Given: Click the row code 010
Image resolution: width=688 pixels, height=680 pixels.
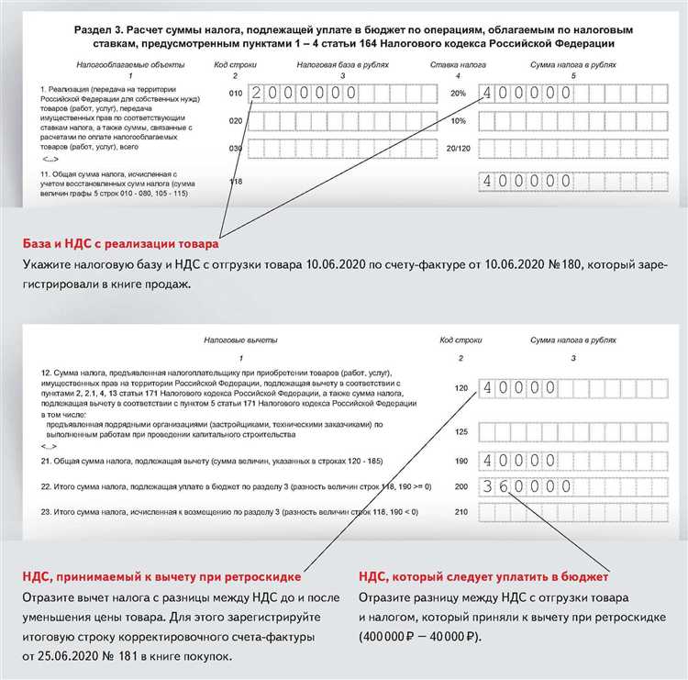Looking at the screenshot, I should tap(236, 93).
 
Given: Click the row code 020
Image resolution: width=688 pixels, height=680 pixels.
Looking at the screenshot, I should tap(236, 120).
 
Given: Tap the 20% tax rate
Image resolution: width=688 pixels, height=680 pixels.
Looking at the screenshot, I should tap(459, 93).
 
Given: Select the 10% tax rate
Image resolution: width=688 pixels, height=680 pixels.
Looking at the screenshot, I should tap(459, 120).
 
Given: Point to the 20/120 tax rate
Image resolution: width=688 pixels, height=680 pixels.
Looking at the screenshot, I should tap(458, 149).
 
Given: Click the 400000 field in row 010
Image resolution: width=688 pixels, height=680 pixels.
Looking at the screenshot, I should tap(520, 94).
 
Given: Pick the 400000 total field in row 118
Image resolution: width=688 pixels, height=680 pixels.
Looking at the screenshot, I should tap(520, 182).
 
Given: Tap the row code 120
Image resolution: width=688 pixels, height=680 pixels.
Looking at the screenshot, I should tap(461, 388).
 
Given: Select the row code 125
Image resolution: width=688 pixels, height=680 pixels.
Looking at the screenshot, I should tap(461, 430).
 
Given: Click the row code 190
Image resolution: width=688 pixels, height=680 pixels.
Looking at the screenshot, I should tap(461, 460).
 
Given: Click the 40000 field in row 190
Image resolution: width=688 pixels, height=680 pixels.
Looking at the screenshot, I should tap(519, 460).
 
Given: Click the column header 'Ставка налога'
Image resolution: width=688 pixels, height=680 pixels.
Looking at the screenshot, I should tap(458, 64).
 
